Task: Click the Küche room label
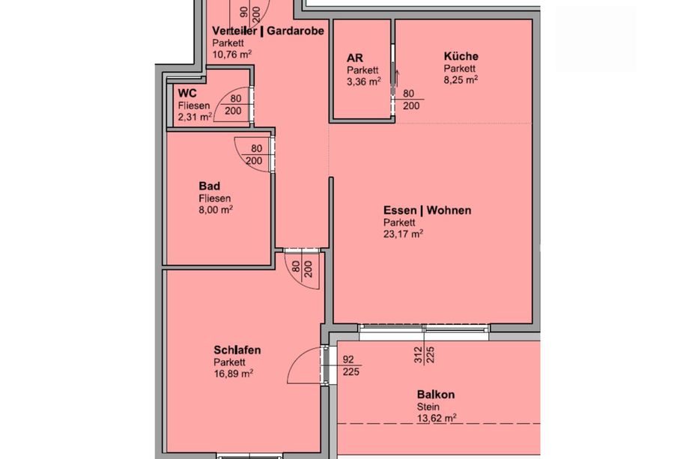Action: click(x=461, y=56)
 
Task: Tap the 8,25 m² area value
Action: click(x=461, y=80)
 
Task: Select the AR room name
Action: click(x=355, y=58)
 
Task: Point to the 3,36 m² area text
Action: click(x=364, y=82)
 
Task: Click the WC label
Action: click(x=187, y=94)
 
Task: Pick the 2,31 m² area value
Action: click(x=195, y=118)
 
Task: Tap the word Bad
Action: click(x=209, y=186)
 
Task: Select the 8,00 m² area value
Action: click(x=216, y=210)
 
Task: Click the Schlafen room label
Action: click(x=237, y=350)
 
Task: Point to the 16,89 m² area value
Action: click(x=234, y=374)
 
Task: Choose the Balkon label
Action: click(x=436, y=395)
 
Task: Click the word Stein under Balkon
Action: click(x=428, y=407)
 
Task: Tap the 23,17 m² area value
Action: click(x=404, y=234)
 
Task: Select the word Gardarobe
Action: click(x=295, y=31)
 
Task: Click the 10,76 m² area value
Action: click(x=232, y=55)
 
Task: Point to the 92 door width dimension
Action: click(x=348, y=359)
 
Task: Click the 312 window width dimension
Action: click(x=418, y=355)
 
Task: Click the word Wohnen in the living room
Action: click(x=449, y=210)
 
